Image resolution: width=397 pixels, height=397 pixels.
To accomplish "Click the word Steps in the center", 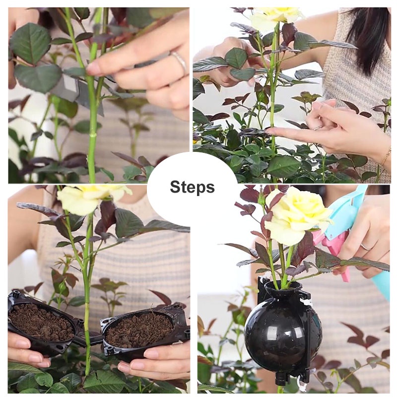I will pos(192,187).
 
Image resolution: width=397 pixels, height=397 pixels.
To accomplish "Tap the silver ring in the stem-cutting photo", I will pos(179,62).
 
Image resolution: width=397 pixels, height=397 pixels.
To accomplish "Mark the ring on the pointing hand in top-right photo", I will pos(317,128).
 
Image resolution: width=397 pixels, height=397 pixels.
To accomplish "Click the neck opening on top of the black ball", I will pos(282,287).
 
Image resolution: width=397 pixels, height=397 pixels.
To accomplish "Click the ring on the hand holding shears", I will pos(365,246).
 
